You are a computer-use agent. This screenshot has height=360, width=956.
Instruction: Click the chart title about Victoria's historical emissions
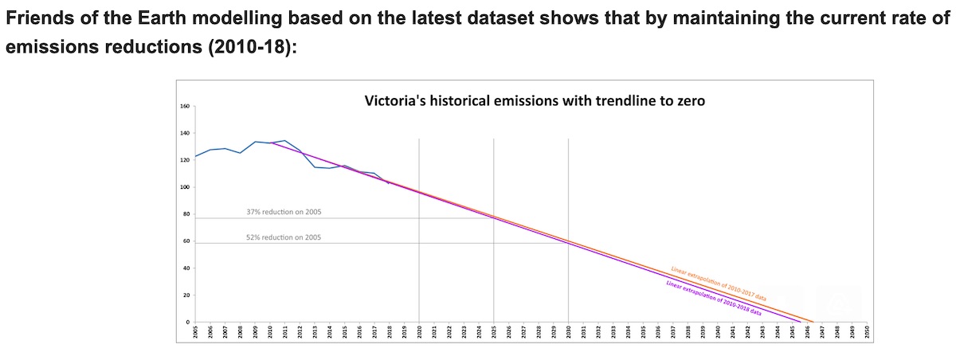coord(534,101)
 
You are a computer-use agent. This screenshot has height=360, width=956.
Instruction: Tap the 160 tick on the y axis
coord(184,106)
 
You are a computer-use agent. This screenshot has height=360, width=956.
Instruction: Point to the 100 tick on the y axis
coord(184,187)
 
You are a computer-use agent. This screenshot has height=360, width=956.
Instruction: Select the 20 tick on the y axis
coord(185,295)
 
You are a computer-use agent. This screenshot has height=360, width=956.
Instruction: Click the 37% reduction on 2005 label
coord(284,213)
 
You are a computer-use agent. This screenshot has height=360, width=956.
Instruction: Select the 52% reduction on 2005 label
coord(284,237)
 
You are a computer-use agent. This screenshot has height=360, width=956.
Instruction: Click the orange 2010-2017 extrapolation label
coord(719,284)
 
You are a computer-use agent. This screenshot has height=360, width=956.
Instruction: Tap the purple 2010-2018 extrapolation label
coord(713,299)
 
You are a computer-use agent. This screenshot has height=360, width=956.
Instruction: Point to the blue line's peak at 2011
coord(285,140)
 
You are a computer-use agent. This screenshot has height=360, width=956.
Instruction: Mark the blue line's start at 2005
coord(196,156)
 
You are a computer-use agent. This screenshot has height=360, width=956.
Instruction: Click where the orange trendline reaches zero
coord(813,322)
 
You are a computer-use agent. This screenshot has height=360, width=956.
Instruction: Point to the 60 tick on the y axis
coord(185,241)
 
